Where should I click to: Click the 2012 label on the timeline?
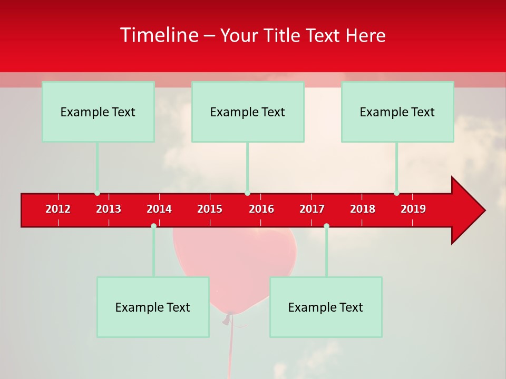58,209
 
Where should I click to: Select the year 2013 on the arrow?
109,209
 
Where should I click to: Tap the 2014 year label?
159,209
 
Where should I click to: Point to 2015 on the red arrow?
210,209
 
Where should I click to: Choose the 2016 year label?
261,209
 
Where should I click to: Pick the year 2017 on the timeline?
312,209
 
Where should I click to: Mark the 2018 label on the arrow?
363,209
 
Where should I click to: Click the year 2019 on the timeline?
413,209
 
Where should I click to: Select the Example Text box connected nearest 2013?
98,112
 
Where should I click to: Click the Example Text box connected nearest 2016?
248,112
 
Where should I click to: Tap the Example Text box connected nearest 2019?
397,112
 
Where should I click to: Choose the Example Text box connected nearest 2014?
153,307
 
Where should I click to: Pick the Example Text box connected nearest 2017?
326,307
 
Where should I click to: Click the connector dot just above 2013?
97,193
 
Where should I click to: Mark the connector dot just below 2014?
153,226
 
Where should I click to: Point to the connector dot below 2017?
326,226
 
